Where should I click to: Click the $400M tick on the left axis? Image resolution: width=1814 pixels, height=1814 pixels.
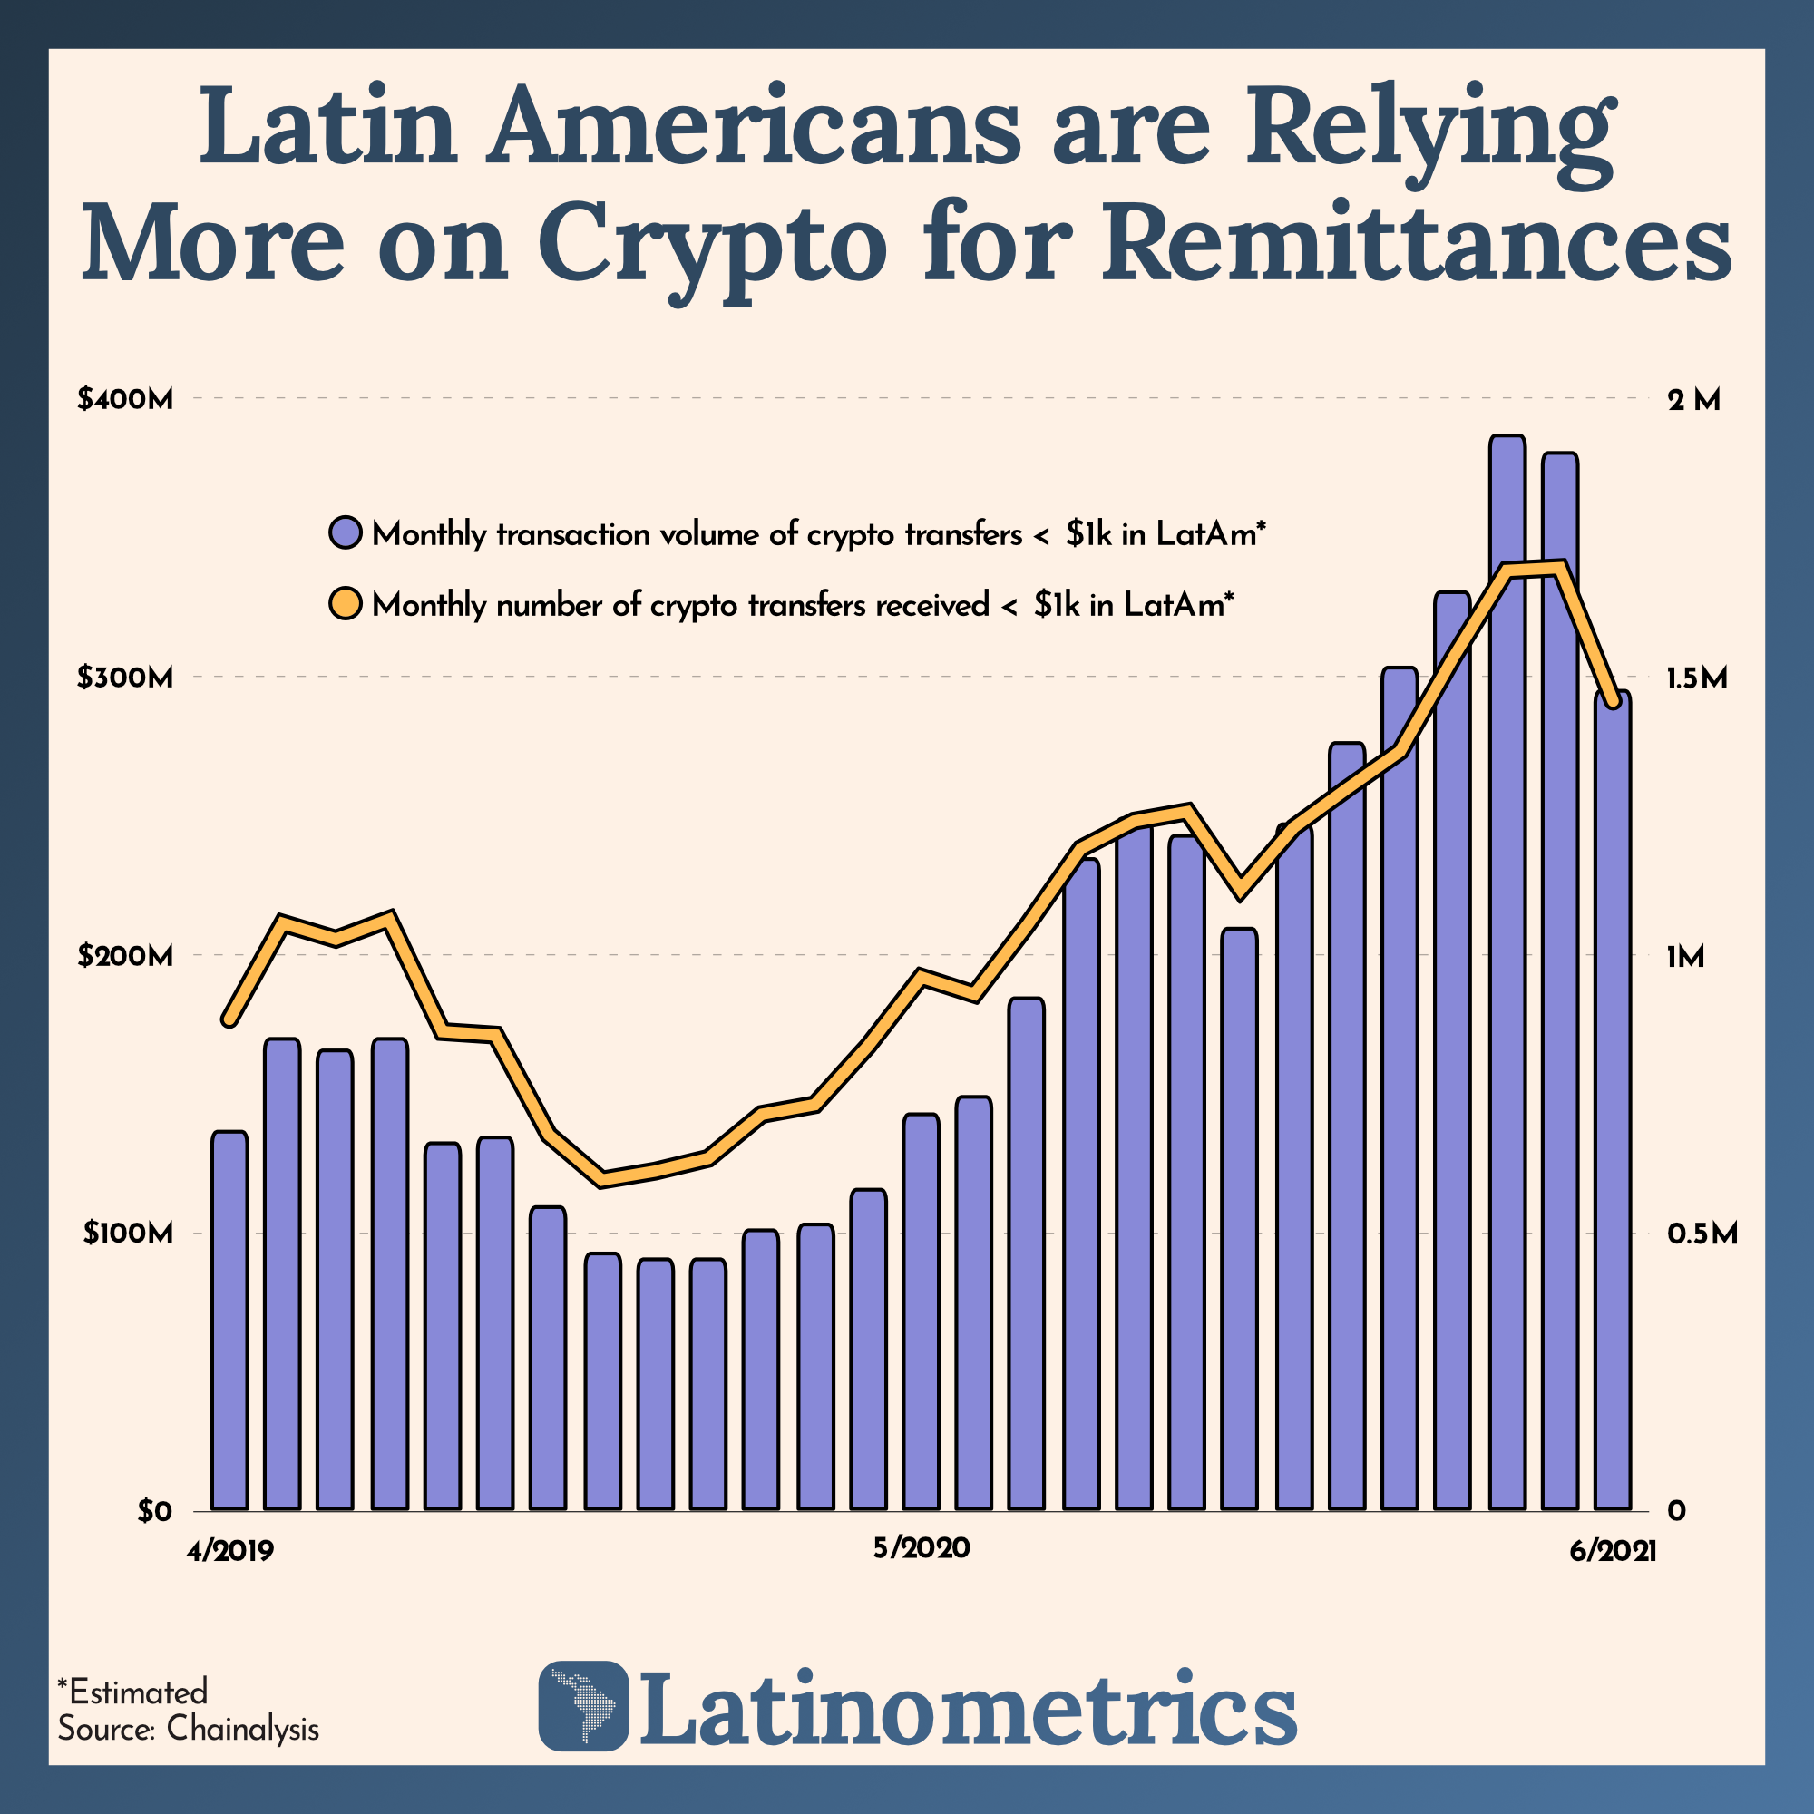coord(126,400)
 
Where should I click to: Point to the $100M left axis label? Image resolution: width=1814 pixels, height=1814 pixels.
coord(128,1233)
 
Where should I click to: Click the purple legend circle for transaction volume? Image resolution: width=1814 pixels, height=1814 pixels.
coord(346,533)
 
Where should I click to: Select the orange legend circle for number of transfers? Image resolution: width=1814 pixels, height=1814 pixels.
coord(346,604)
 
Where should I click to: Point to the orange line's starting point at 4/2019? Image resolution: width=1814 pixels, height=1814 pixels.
coord(229,1019)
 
